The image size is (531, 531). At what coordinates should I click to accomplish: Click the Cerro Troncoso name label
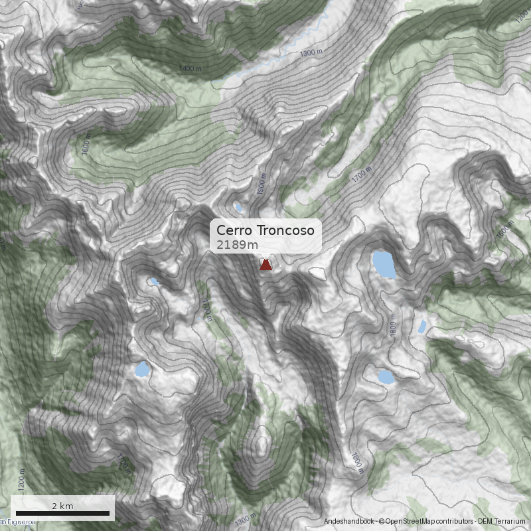pyautogui.click(x=265, y=230)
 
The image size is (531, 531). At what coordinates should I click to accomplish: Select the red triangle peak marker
pyautogui.click(x=265, y=265)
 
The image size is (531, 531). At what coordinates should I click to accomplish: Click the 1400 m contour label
pyautogui.click(x=190, y=68)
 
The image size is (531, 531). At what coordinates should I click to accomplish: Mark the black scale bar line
pyautogui.click(x=62, y=513)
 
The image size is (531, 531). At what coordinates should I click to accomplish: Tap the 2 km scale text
pyautogui.click(x=62, y=506)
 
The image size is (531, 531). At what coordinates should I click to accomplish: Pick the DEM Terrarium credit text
pyautogui.click(x=502, y=522)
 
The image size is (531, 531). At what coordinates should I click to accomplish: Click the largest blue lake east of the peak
pyautogui.click(x=384, y=264)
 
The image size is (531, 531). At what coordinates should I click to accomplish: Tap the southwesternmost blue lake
pyautogui.click(x=141, y=370)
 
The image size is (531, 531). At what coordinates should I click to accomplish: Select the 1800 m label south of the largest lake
pyautogui.click(x=394, y=326)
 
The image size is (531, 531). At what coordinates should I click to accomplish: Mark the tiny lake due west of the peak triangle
pyautogui.click(x=154, y=281)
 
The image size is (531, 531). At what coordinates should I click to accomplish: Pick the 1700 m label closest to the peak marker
pyautogui.click(x=207, y=309)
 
